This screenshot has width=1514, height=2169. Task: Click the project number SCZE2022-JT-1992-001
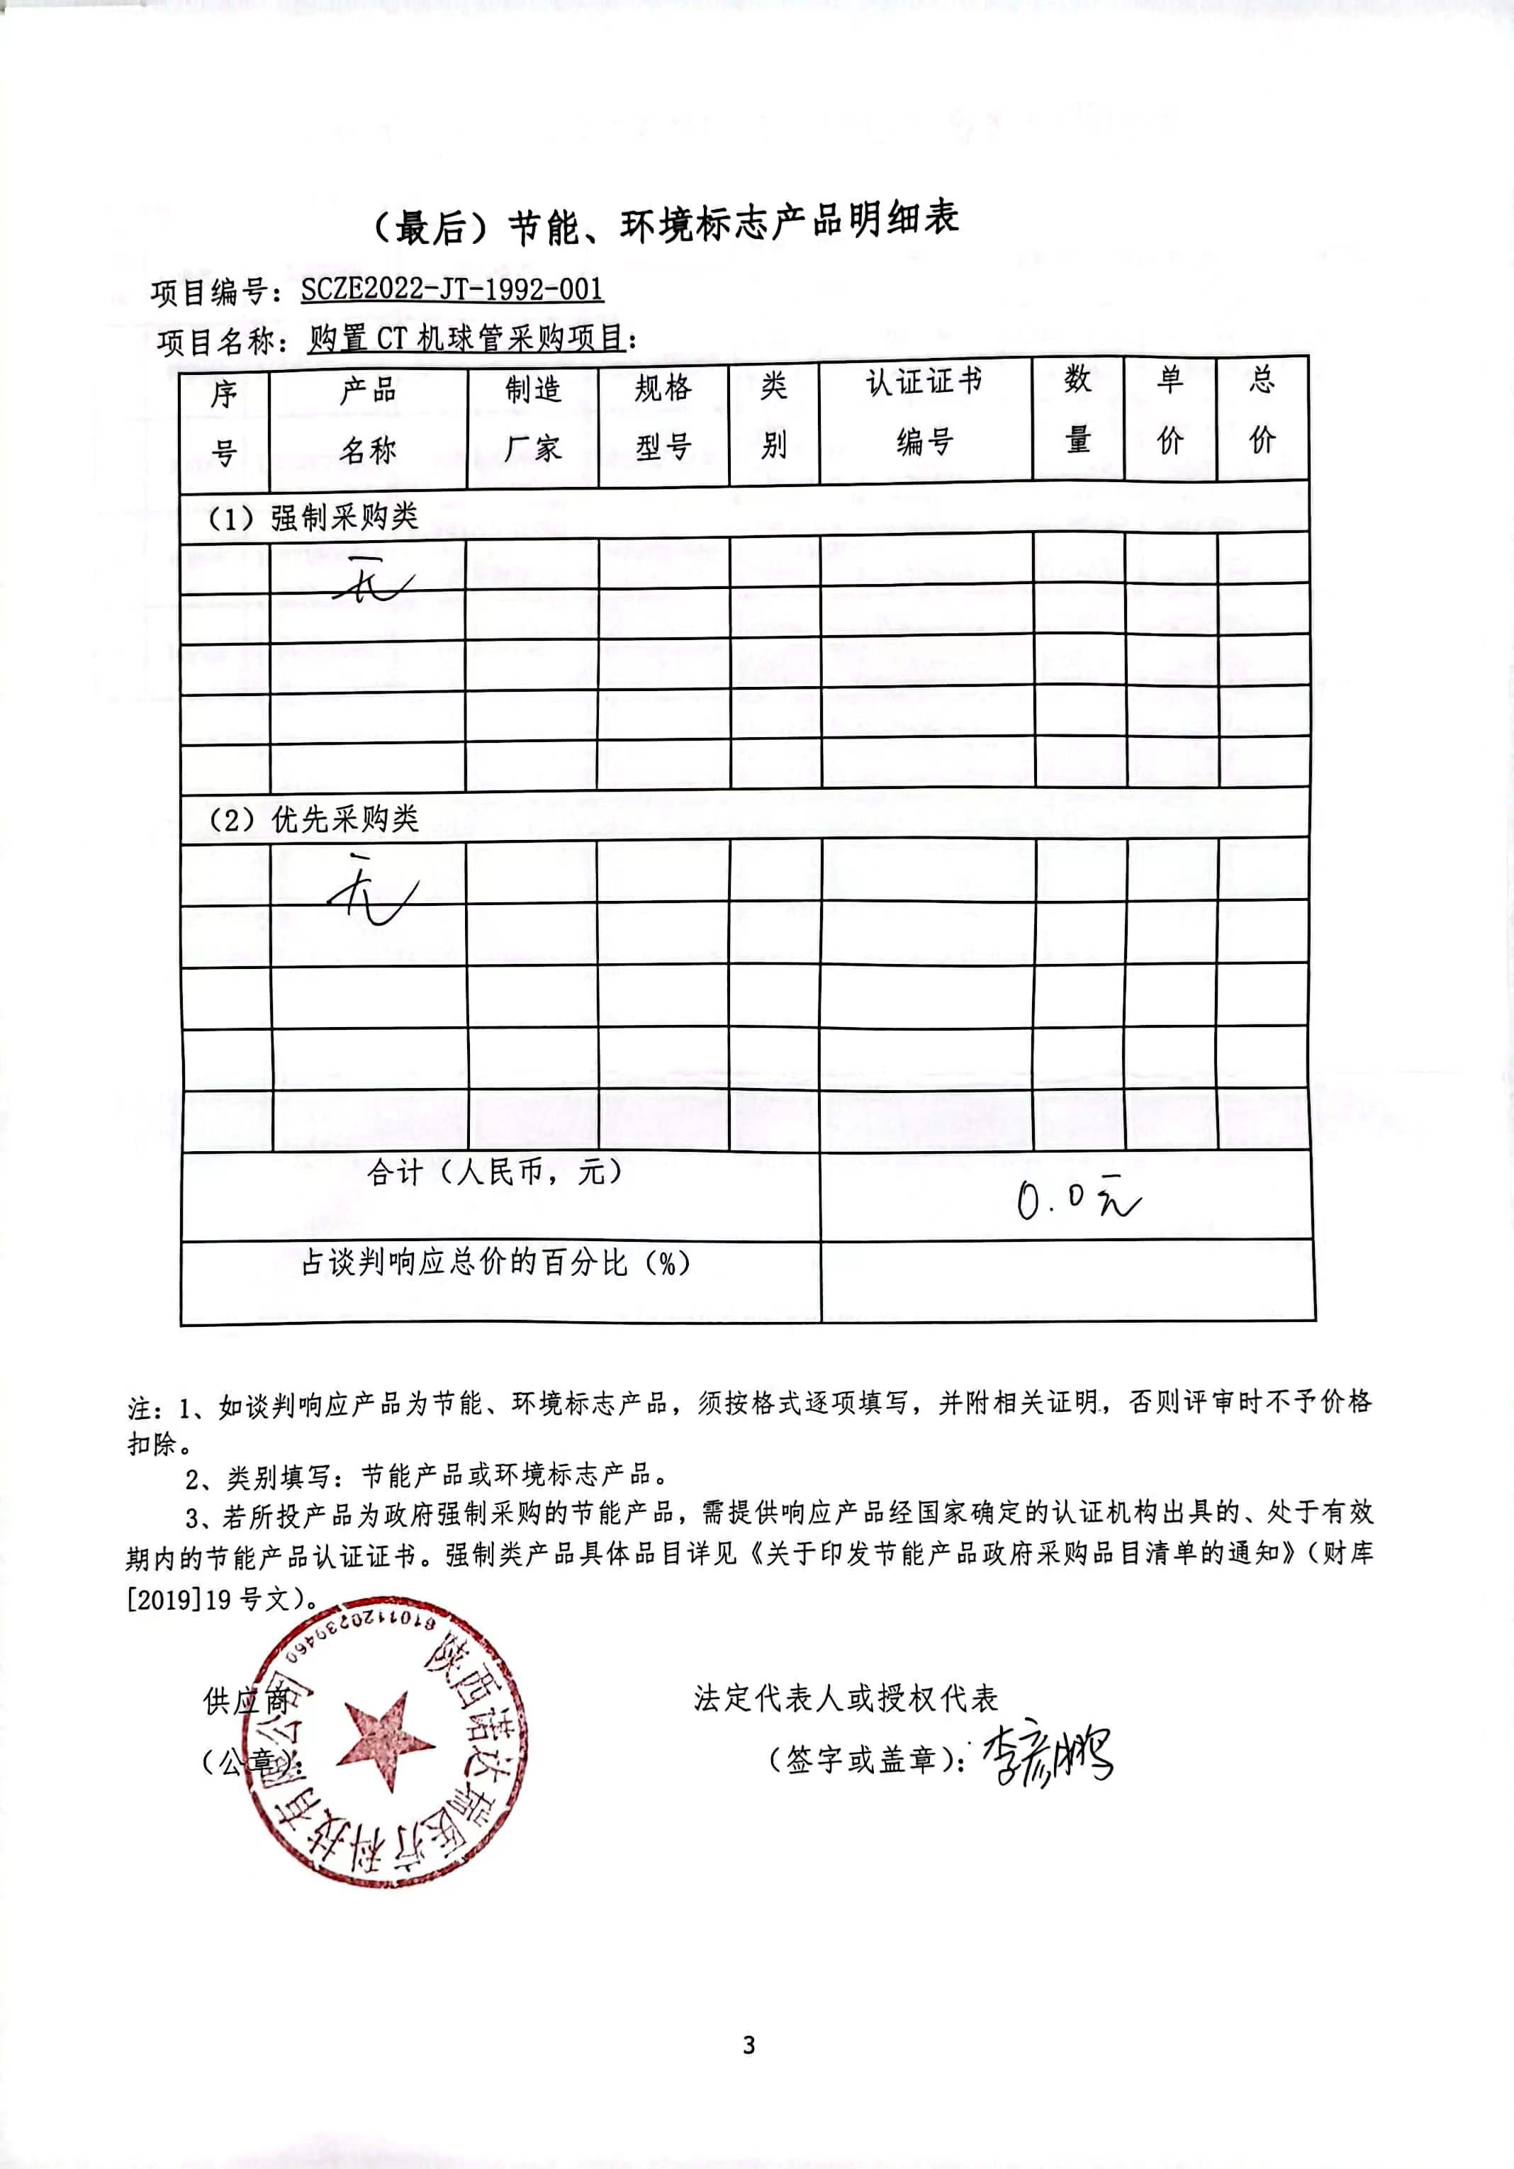(x=452, y=289)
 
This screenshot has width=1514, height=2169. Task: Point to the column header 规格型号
(x=663, y=417)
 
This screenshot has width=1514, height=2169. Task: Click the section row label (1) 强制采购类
(x=313, y=517)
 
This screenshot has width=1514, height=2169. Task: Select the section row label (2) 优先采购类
(x=313, y=819)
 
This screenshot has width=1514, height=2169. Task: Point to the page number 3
(x=749, y=2045)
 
